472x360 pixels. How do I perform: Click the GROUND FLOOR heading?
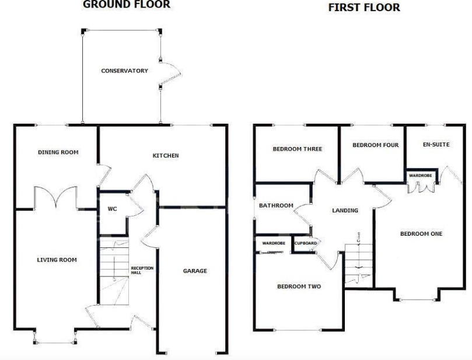[127, 5]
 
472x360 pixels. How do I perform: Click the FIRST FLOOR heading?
[364, 8]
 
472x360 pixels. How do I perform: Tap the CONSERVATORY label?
[124, 71]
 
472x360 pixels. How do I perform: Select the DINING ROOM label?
[58, 152]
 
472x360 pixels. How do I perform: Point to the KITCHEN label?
[165, 156]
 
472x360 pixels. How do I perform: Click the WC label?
[113, 209]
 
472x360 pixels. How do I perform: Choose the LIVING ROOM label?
[57, 260]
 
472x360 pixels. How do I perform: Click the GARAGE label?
[195, 271]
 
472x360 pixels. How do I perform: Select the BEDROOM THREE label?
[297, 149]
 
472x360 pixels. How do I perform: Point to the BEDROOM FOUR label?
[375, 145]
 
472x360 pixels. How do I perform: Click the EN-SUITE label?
[436, 144]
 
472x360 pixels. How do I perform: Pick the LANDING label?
[345, 211]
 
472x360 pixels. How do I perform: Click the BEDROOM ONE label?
[421, 234]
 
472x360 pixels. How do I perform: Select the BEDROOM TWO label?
[299, 286]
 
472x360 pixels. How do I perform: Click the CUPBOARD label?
[305, 243]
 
